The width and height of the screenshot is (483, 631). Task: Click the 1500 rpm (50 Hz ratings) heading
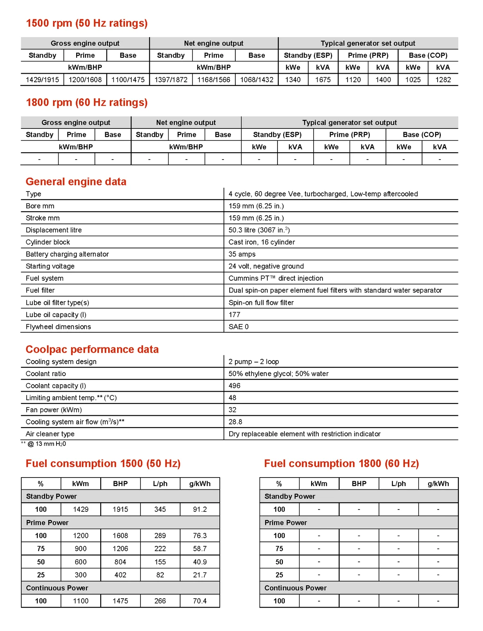click(87, 23)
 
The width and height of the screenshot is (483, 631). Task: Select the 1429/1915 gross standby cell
click(42, 80)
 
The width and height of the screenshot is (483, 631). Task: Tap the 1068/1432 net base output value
click(257, 80)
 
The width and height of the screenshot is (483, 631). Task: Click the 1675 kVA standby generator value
click(323, 80)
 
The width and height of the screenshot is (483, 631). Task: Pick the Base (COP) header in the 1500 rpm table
click(428, 55)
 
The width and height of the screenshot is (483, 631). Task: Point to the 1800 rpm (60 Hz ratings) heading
click(87, 103)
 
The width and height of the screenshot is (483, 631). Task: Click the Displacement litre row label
click(54, 230)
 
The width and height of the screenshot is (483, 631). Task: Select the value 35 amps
click(242, 254)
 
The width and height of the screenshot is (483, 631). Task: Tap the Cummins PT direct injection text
click(276, 278)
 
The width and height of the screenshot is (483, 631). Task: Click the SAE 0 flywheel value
click(239, 327)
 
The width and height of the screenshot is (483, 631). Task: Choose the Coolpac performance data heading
click(92, 349)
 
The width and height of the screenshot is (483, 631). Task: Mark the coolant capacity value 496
click(235, 385)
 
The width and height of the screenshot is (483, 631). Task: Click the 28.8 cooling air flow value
click(235, 422)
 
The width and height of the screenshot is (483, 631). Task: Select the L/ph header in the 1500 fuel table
click(160, 484)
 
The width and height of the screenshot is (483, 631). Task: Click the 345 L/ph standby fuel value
click(160, 509)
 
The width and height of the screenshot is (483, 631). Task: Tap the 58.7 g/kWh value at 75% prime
click(200, 549)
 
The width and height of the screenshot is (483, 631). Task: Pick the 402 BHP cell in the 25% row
click(120, 575)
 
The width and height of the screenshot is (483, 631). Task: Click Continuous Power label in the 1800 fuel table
click(296, 588)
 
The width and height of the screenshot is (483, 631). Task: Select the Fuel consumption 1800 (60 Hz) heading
click(341, 464)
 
